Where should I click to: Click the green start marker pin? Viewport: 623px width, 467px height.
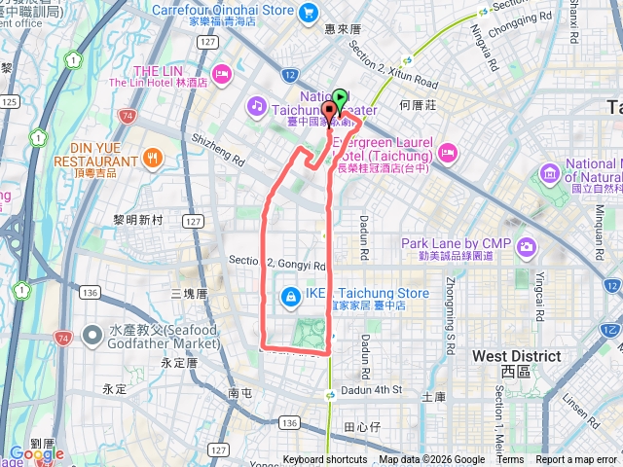click(340, 98)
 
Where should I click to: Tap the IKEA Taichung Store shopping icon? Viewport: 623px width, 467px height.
click(290, 295)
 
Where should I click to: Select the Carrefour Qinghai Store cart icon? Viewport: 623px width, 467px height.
click(308, 13)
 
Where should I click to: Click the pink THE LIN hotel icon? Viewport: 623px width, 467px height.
click(222, 72)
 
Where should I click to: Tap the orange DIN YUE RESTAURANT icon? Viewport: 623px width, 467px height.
click(152, 158)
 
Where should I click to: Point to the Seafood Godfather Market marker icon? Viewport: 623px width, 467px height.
click(92, 335)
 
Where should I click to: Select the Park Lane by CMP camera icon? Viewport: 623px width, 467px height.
click(526, 245)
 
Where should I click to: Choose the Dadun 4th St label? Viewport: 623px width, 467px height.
click(370, 390)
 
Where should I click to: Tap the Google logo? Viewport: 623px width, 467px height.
click(36, 453)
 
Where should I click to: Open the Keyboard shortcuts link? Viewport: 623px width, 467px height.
click(325, 460)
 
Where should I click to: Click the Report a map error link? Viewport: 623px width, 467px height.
click(576, 460)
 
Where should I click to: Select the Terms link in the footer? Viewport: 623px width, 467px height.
click(510, 460)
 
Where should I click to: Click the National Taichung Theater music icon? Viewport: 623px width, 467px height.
click(256, 103)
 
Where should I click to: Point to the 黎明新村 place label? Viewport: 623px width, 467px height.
click(138, 220)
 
